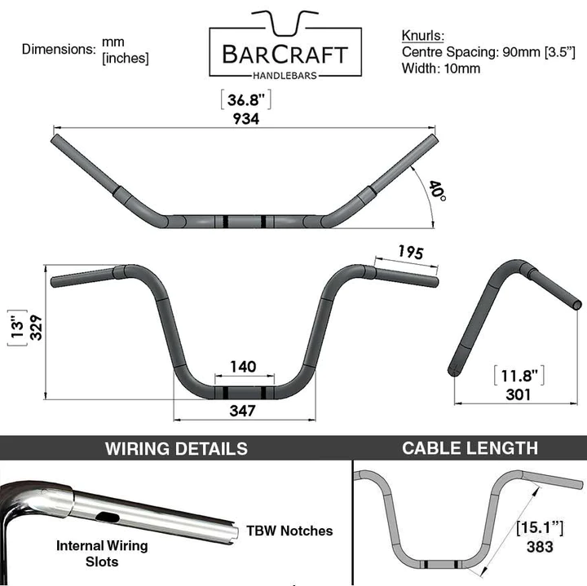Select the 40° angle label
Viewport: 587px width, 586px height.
pos(438,192)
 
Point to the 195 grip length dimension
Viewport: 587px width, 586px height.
pos(410,253)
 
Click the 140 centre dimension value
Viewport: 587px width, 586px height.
pos(243,367)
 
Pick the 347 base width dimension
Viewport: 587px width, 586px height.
pos(243,410)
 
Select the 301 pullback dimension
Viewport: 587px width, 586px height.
pos(517,394)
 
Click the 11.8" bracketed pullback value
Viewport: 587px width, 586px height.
pos(519,376)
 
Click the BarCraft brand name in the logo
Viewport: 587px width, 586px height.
pos(285,55)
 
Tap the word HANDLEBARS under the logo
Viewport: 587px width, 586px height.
pos(285,75)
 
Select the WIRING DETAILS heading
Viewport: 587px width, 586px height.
pos(176,448)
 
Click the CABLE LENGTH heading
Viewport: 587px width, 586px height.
pos(470,447)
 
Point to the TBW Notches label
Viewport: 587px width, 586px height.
pos(289,531)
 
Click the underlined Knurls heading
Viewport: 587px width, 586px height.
pos(422,37)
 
